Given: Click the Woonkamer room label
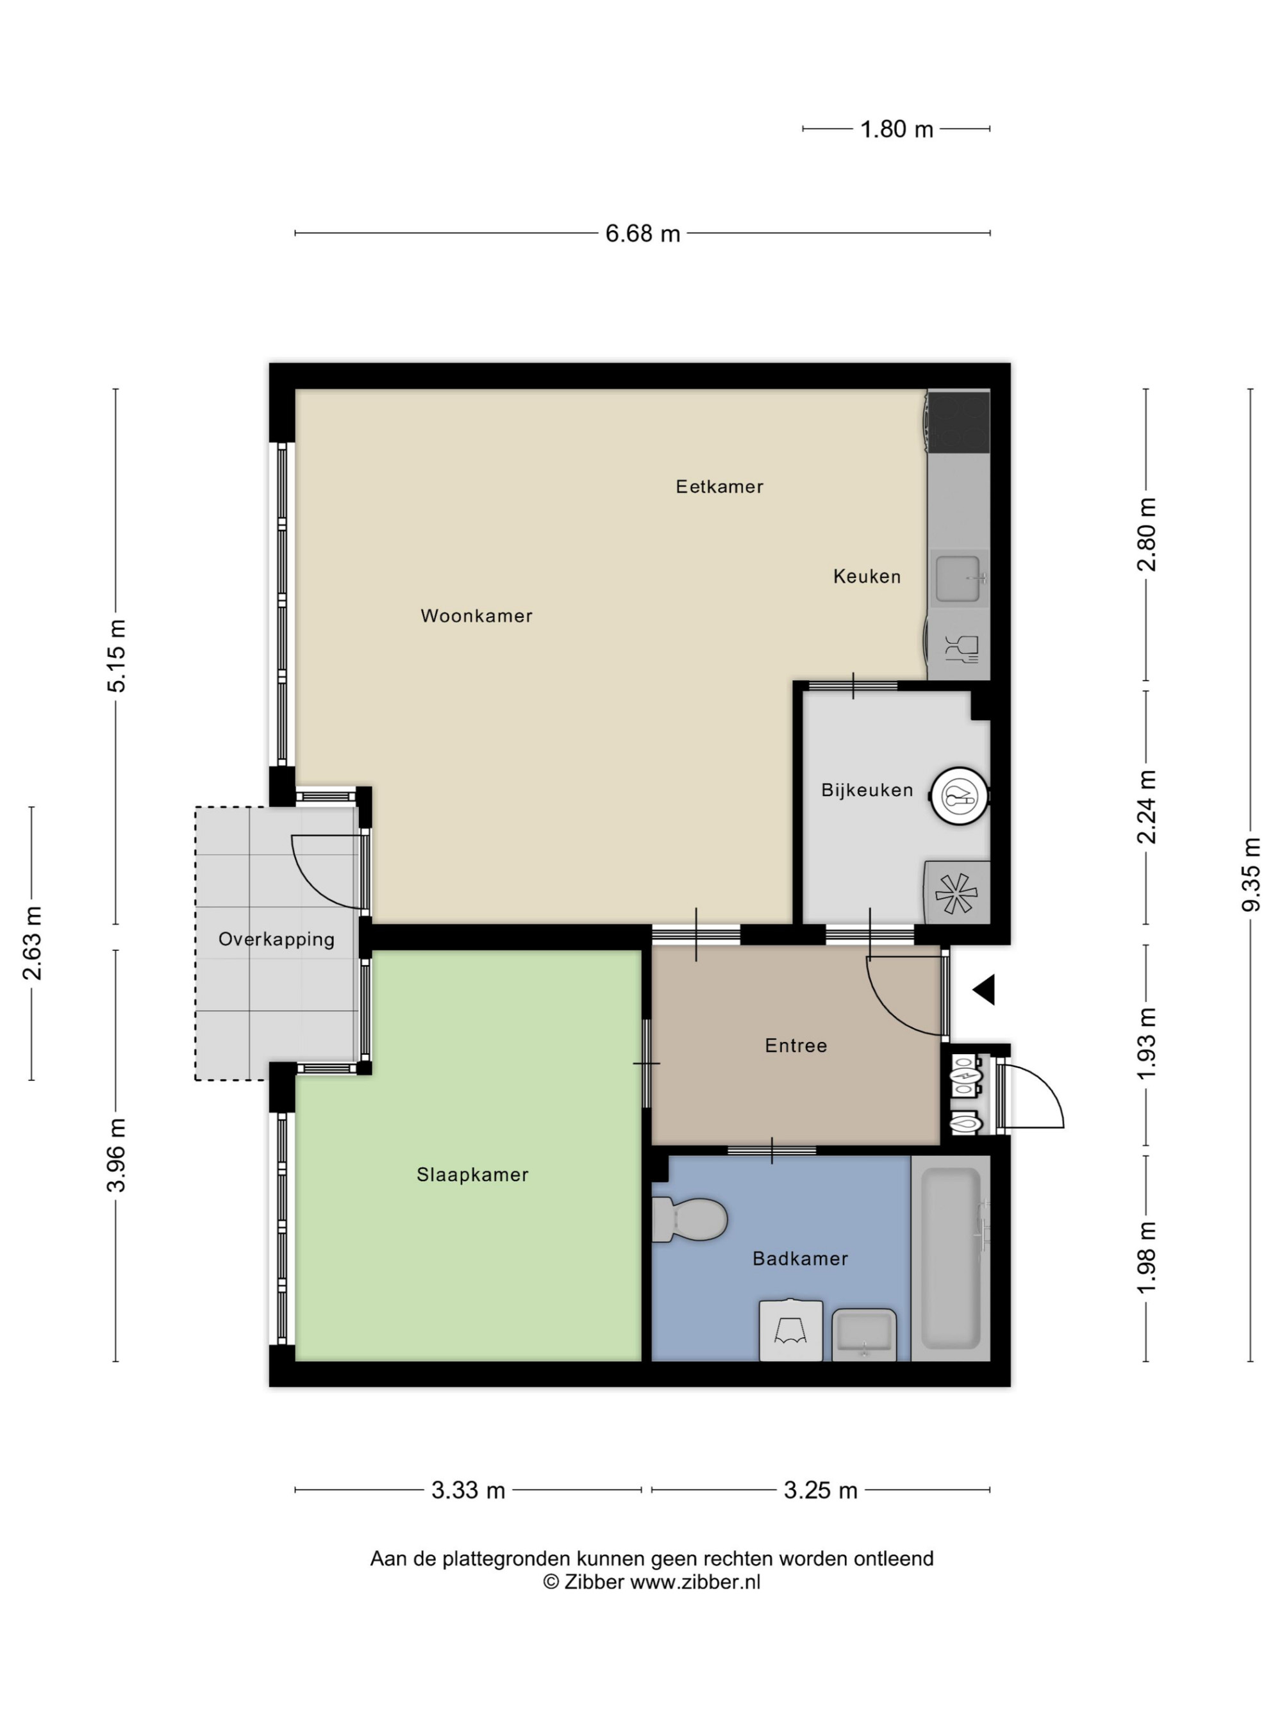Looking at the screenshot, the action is point(476,616).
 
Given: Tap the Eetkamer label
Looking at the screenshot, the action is point(719,487).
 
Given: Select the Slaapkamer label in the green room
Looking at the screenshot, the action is point(472,1175).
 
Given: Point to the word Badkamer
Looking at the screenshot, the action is point(800,1259).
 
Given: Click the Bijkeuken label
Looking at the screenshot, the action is point(867,790).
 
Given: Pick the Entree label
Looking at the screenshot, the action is point(796,1046).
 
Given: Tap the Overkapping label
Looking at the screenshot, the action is point(276,940).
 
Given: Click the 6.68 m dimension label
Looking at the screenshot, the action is point(642,233).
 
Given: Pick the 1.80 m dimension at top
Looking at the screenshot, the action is point(896,129).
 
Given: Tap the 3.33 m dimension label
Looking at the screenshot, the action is point(467,1490).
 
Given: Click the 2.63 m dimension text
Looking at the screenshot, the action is point(31,943).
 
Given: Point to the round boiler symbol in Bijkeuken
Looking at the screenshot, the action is point(960,796).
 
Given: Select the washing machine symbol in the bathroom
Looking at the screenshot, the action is point(790,1330).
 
